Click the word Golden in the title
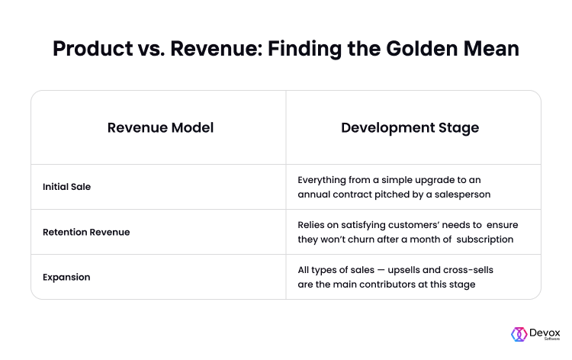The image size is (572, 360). [x=422, y=49]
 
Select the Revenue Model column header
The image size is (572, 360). [x=160, y=127]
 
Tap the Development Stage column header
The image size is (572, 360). [x=410, y=128]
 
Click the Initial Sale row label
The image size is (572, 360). [x=67, y=187]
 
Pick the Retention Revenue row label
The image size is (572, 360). [x=86, y=233]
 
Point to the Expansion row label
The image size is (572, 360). [x=66, y=277]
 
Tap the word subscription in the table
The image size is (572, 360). [x=485, y=239]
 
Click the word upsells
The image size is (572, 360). [x=403, y=270]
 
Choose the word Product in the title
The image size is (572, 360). [x=93, y=49]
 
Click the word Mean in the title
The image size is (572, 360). [x=491, y=49]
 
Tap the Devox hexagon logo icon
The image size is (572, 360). [x=519, y=334]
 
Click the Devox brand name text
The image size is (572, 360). [x=545, y=333]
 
